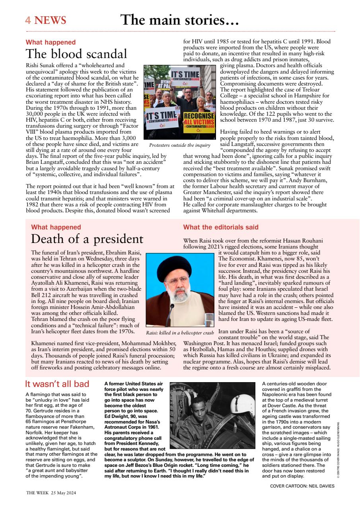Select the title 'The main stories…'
[179, 20]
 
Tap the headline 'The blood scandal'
[76, 54]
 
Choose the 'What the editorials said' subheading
[220, 227]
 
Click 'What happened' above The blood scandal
[51, 42]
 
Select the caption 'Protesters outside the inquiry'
[179, 145]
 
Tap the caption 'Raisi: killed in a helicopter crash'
[180, 332]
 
